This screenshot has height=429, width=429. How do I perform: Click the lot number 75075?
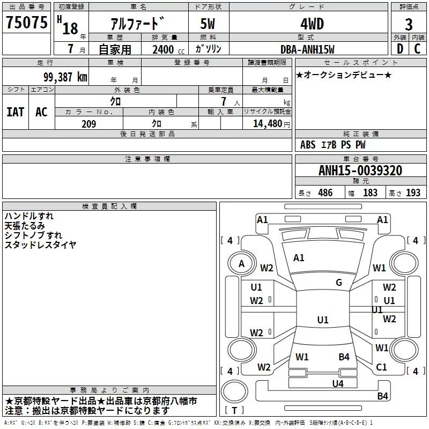(x=26, y=22)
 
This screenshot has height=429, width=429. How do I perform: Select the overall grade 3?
(x=409, y=24)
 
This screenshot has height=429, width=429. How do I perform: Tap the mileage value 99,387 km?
(x=65, y=77)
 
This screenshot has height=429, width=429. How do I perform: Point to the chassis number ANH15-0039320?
(x=360, y=170)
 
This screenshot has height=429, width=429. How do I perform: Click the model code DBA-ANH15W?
(x=307, y=49)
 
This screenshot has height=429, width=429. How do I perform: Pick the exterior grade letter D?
(x=400, y=49)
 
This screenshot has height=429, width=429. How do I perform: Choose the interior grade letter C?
(x=417, y=49)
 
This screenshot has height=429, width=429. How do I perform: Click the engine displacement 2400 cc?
(x=168, y=50)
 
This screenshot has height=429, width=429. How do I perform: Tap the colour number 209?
(x=88, y=124)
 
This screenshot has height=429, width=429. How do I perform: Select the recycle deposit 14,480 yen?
(x=271, y=124)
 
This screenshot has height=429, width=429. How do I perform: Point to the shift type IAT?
(x=16, y=112)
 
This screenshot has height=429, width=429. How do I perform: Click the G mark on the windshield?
(x=339, y=282)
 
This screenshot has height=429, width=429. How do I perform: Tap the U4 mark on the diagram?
(x=338, y=383)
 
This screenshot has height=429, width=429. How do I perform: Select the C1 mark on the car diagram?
(x=381, y=367)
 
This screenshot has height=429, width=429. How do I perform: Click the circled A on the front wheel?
(x=241, y=264)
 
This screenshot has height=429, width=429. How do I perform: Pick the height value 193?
(x=413, y=193)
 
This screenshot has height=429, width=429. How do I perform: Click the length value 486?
(x=326, y=193)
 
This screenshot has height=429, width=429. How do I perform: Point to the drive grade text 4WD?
(x=312, y=24)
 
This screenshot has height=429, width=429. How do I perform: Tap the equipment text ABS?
(x=308, y=145)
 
